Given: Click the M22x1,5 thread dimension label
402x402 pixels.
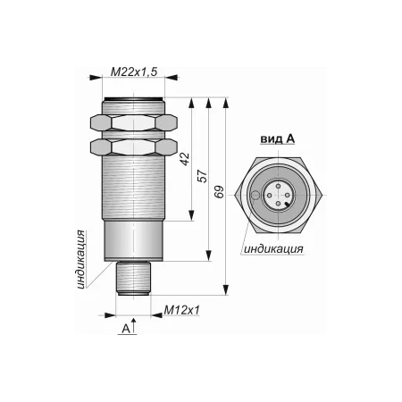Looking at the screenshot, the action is (x=134, y=71).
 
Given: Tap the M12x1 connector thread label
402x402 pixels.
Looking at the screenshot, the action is (x=181, y=310).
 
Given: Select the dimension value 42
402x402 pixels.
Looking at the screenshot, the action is (x=185, y=159).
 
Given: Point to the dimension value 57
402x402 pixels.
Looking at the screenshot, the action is (x=202, y=176).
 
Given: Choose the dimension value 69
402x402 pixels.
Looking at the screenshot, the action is (x=219, y=192).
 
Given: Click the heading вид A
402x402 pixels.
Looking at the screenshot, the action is (x=278, y=138).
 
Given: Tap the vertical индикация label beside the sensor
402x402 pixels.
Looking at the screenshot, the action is (x=80, y=259).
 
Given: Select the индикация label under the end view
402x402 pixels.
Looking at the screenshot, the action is (x=273, y=249).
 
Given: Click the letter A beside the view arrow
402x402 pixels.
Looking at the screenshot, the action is (x=126, y=329).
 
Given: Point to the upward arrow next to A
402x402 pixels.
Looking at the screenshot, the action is (x=134, y=325).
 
